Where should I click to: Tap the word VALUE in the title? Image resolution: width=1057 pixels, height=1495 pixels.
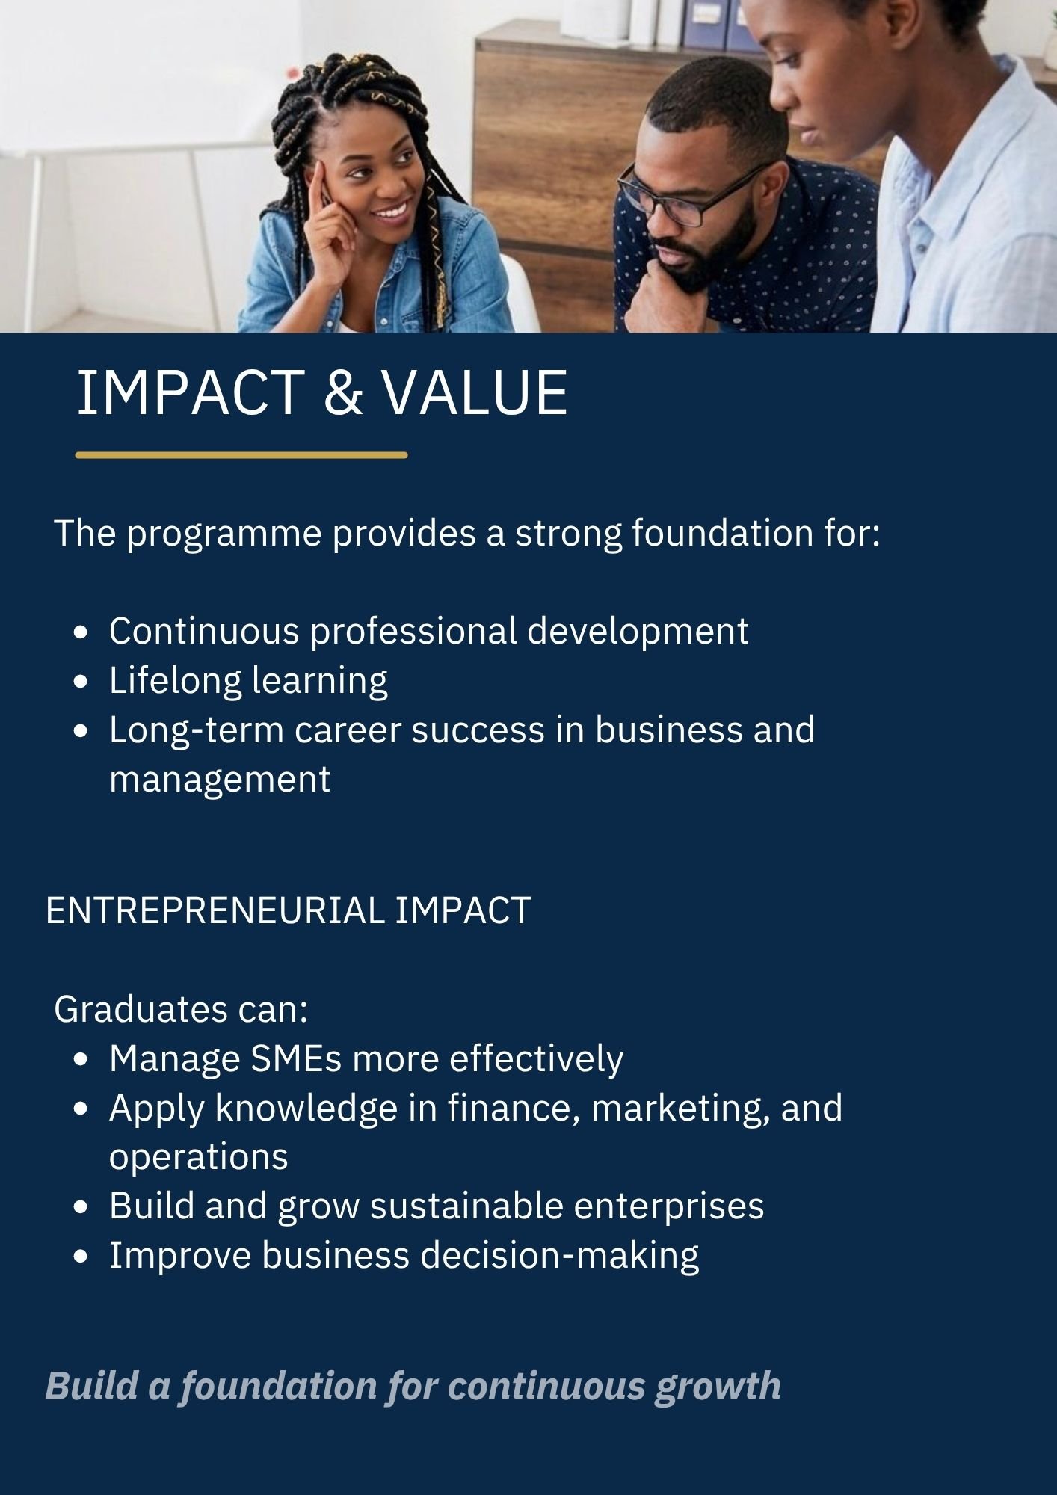(x=475, y=392)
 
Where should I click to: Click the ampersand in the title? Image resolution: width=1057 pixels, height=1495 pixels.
(x=343, y=392)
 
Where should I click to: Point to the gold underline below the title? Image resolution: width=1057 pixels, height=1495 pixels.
(x=241, y=454)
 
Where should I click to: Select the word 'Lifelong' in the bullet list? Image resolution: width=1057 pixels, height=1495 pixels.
(x=175, y=681)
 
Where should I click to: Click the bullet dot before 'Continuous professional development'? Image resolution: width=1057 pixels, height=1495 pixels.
(x=81, y=632)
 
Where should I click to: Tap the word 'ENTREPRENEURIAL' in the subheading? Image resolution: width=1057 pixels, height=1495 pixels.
(x=215, y=911)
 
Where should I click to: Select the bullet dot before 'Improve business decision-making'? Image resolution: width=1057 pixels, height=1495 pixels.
(x=81, y=1257)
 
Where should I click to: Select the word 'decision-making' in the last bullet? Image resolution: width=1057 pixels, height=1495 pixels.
(x=560, y=1257)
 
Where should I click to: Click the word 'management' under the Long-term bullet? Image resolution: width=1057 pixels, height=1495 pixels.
(x=220, y=780)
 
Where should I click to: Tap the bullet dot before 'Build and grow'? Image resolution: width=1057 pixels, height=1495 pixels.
(x=81, y=1207)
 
